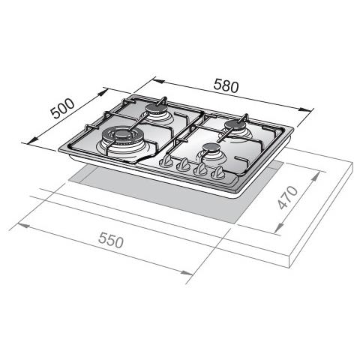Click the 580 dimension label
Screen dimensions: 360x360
click(x=226, y=85)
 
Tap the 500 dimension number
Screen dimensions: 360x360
click(x=62, y=109)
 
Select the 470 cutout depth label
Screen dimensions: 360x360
click(x=288, y=197)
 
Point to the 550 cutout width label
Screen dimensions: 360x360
click(x=111, y=240)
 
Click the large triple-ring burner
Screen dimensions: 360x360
click(x=122, y=138)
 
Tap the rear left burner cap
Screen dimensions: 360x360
click(x=156, y=109)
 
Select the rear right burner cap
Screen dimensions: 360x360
click(x=235, y=124)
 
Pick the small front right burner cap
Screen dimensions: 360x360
click(x=211, y=148)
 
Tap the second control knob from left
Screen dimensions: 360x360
click(x=184, y=165)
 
